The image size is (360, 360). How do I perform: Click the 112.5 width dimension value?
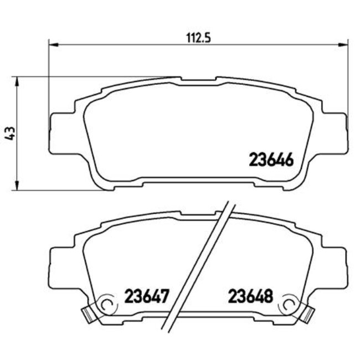pos(198,38)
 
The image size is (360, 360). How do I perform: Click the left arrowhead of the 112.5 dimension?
pos(53,44)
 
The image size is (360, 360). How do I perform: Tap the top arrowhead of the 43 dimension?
pos(19,80)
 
